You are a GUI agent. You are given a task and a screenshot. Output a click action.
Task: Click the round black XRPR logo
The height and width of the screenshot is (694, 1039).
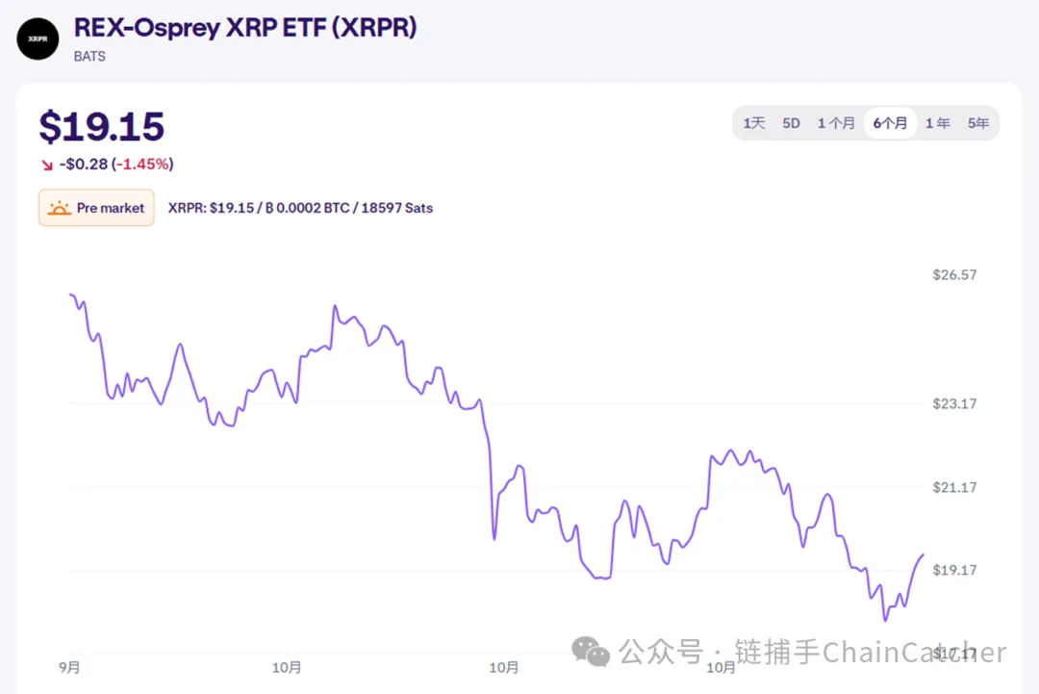[x=38, y=39]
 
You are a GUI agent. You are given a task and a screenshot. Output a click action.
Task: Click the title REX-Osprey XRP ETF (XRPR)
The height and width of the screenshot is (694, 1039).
[x=245, y=28]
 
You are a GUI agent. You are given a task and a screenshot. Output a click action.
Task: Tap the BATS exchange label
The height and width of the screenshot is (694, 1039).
[x=89, y=56]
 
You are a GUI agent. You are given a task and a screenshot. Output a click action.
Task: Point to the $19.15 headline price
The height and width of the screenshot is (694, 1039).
[x=102, y=127]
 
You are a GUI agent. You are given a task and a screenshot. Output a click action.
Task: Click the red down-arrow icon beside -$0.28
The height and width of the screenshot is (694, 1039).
[x=47, y=165]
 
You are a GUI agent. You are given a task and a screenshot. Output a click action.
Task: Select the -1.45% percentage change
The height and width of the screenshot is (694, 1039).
[x=144, y=164]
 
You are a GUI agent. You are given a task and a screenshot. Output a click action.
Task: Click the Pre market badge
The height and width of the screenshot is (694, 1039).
[x=96, y=208]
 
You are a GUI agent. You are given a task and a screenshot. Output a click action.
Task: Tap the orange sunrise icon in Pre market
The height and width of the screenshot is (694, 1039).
[x=60, y=208]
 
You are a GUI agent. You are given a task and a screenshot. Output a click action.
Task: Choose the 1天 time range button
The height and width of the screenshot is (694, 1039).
[x=754, y=123]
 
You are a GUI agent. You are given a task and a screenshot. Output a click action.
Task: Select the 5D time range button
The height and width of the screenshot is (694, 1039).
[x=791, y=123]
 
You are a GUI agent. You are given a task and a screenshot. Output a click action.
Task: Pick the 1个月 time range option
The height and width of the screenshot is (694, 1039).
[x=836, y=123]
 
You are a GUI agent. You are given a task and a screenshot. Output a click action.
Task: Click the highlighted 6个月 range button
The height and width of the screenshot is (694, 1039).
[x=890, y=123]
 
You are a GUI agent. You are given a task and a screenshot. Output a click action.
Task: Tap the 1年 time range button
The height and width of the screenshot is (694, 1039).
[x=938, y=123]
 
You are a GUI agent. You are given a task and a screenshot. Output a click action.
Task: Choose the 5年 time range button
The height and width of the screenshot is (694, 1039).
[x=978, y=123]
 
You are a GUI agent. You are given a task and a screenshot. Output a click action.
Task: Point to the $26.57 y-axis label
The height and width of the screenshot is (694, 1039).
[x=954, y=274]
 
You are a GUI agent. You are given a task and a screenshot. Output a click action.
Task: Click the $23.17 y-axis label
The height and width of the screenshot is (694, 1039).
[x=954, y=403]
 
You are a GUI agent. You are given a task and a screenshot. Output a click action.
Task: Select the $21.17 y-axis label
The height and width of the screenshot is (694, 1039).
[x=954, y=487]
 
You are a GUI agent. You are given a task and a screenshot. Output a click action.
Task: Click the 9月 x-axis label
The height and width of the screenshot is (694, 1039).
[x=69, y=667]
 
